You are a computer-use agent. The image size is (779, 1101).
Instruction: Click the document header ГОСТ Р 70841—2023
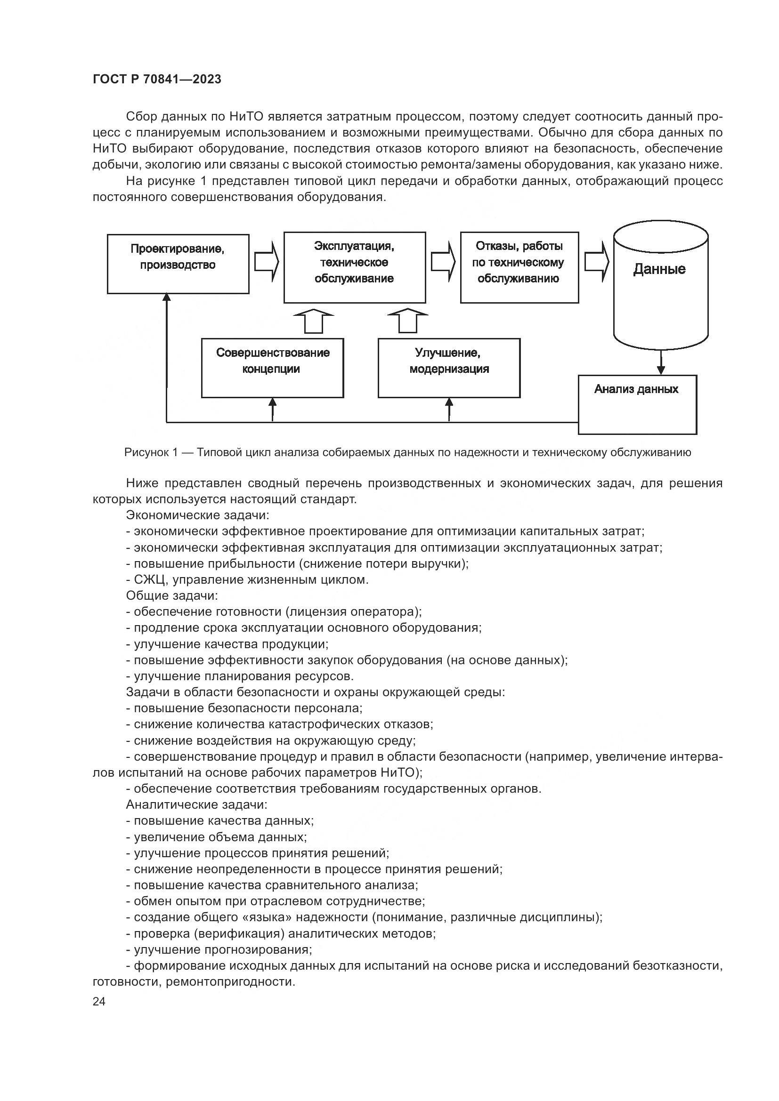pos(157,79)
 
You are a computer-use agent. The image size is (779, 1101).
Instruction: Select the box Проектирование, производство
pos(178,264)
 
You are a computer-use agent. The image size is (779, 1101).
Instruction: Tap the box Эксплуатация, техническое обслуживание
pos(355,267)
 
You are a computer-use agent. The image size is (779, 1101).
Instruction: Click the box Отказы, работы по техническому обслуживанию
pos(519,267)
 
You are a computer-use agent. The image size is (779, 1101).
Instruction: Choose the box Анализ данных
pos(637,404)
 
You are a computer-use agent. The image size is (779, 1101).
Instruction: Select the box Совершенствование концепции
pos(272,368)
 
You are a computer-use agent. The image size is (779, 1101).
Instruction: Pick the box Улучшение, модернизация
pos(449,368)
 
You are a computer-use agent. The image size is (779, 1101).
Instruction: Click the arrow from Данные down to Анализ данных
pos(661,362)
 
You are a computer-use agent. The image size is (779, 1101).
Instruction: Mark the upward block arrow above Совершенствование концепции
pos(313,321)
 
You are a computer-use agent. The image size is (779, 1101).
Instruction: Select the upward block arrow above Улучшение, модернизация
pos(408,321)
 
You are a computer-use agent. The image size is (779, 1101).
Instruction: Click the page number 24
pos(99,1001)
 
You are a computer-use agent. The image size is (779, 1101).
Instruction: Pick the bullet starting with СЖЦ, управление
pos(247,579)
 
